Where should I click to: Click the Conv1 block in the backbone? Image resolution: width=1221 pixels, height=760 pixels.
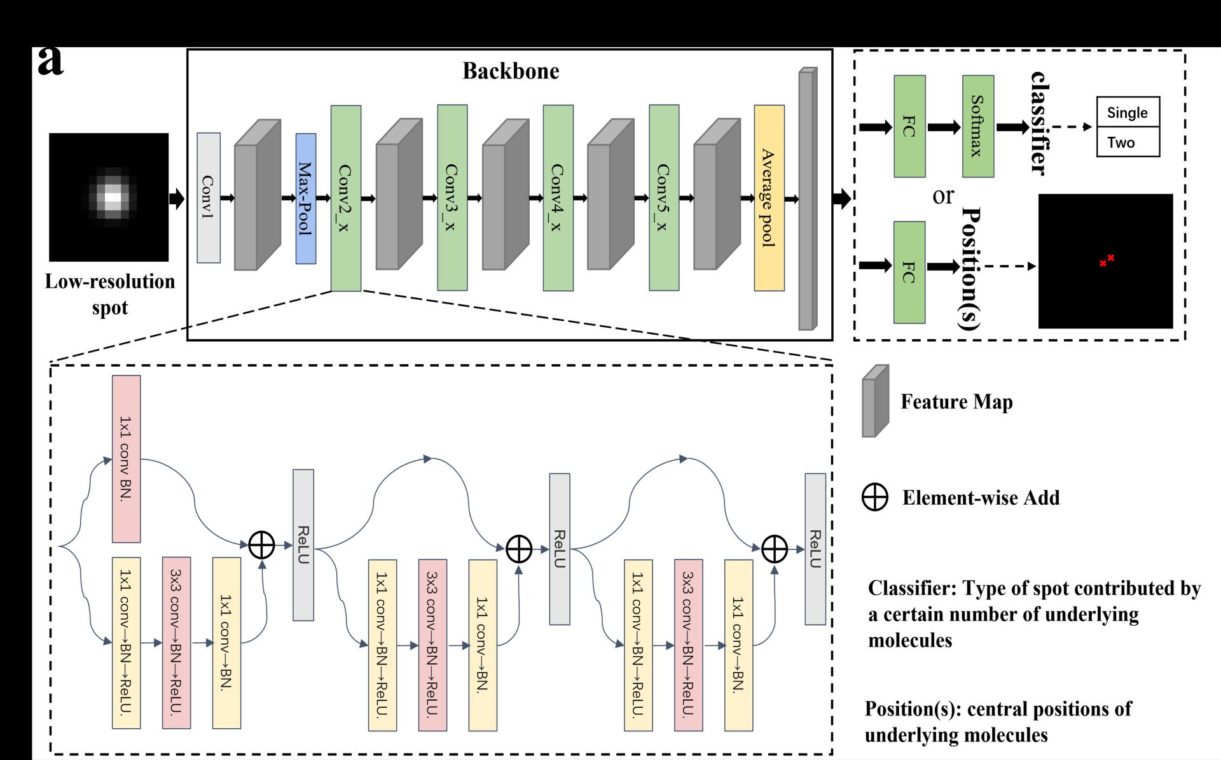tap(209, 198)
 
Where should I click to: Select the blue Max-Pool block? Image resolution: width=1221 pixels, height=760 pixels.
tap(306, 199)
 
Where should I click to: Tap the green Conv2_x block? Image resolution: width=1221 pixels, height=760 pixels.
tap(346, 198)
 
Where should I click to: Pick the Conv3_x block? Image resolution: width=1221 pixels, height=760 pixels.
tap(452, 198)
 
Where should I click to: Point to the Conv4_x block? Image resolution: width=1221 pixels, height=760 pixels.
tap(558, 198)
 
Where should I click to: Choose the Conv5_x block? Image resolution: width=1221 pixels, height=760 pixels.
tap(664, 198)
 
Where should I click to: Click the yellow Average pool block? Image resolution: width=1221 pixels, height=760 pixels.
tap(769, 198)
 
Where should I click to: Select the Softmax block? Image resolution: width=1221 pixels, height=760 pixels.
tap(978, 126)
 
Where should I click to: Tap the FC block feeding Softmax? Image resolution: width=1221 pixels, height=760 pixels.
tap(909, 126)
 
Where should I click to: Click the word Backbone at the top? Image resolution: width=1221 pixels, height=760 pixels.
tap(511, 71)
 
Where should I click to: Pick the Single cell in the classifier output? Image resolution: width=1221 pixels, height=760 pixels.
tap(1128, 113)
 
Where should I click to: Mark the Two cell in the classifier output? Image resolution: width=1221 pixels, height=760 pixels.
tap(1128, 142)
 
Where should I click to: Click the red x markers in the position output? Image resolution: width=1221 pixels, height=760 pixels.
tap(1107, 260)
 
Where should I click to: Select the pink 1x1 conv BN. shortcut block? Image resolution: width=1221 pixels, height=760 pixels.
tap(127, 458)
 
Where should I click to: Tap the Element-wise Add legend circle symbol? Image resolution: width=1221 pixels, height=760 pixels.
tap(875, 498)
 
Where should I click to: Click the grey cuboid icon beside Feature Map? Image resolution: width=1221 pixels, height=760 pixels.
tap(875, 401)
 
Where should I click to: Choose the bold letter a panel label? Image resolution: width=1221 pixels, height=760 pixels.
tap(51, 62)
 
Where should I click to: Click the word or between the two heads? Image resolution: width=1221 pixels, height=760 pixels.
tap(943, 195)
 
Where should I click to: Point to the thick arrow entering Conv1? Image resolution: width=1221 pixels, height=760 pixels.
tap(177, 199)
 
